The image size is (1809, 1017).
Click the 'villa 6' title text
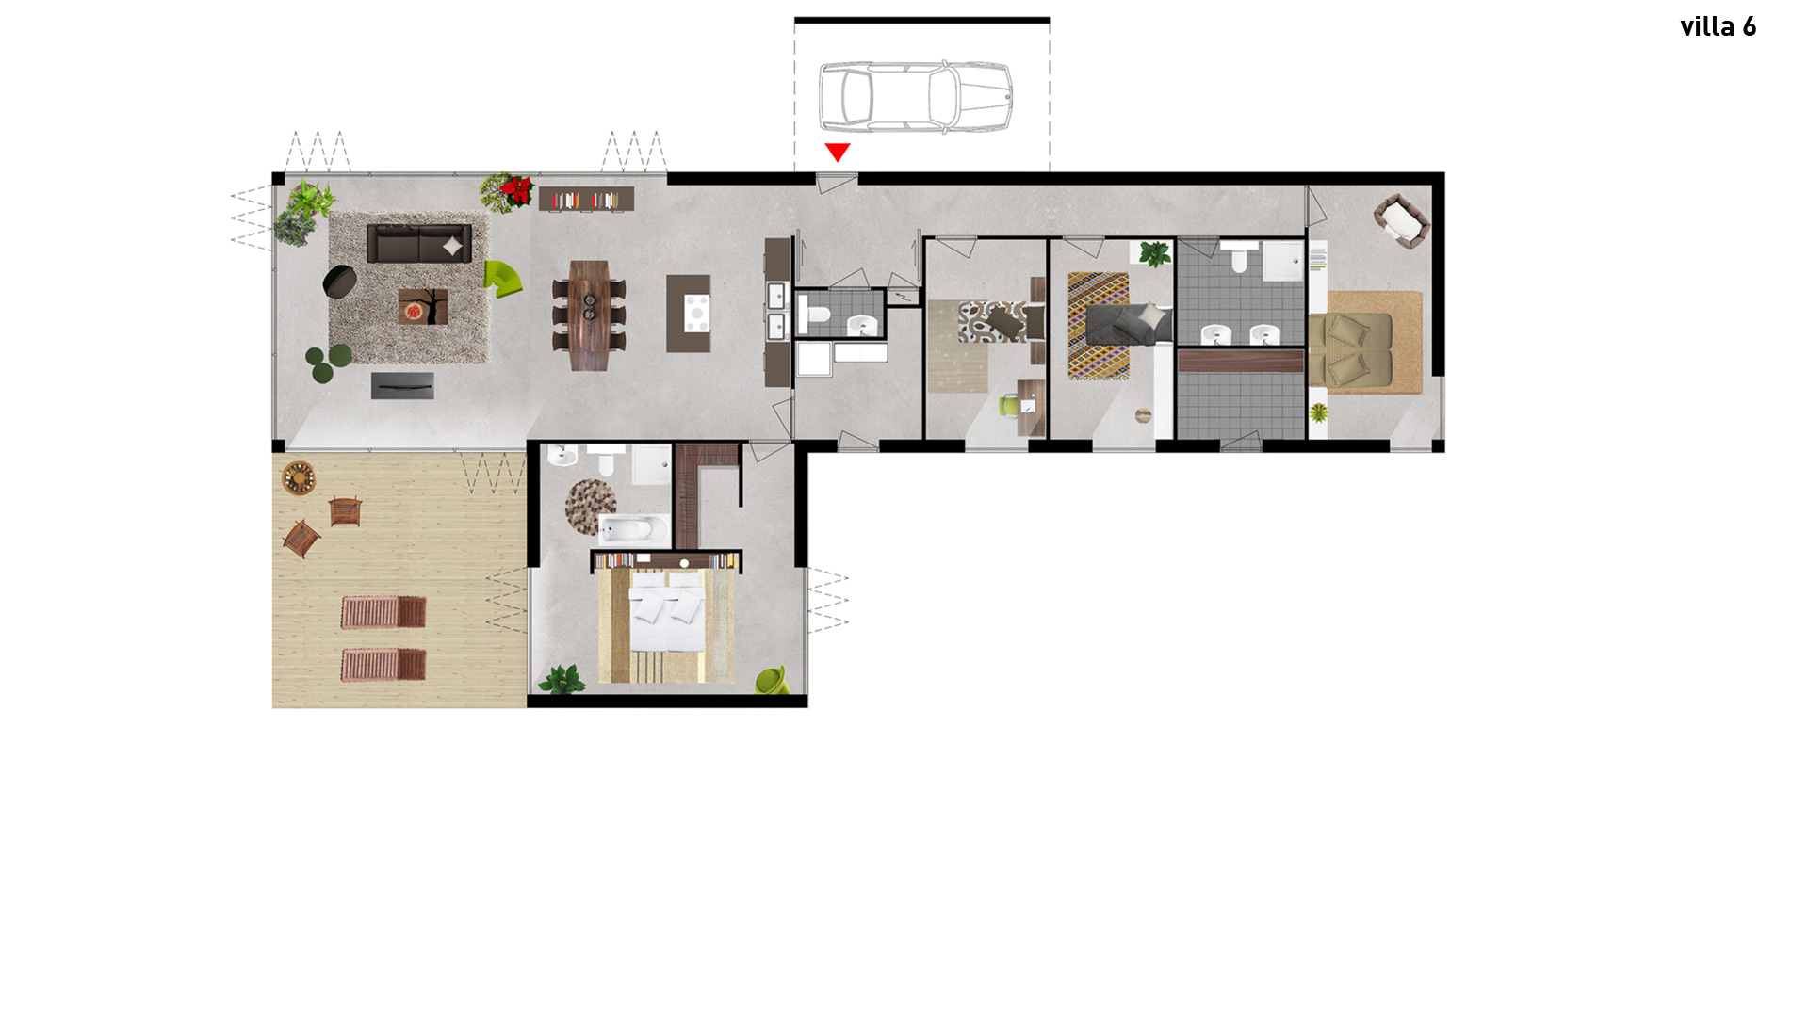pos(1718,26)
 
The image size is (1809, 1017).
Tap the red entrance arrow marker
pos(838,152)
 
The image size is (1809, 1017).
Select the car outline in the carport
pos(915,97)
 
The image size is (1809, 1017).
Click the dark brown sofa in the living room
pos(418,243)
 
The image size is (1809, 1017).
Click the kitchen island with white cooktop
pos(689,314)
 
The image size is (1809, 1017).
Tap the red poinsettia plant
pos(509,191)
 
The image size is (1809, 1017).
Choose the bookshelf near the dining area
pos(586,199)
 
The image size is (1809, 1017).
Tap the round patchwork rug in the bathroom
pos(591,507)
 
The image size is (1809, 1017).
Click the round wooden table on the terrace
pos(299,476)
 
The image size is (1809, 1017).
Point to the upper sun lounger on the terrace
pos(383,612)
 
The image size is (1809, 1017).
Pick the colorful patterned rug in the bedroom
pos(1099,326)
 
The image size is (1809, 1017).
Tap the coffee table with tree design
pos(422,307)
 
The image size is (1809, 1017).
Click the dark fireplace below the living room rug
pos(402,385)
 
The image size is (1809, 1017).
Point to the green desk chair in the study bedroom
pos(1009,405)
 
